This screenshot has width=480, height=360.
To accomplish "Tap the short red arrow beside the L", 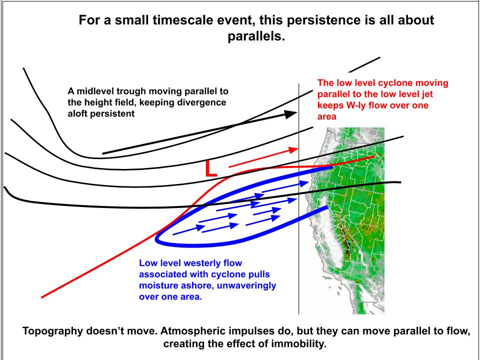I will (262, 157).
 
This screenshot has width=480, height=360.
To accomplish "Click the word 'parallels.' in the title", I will (256, 37).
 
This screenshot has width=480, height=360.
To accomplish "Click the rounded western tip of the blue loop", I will (158, 238).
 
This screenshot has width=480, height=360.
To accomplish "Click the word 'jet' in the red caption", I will (442, 94).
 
